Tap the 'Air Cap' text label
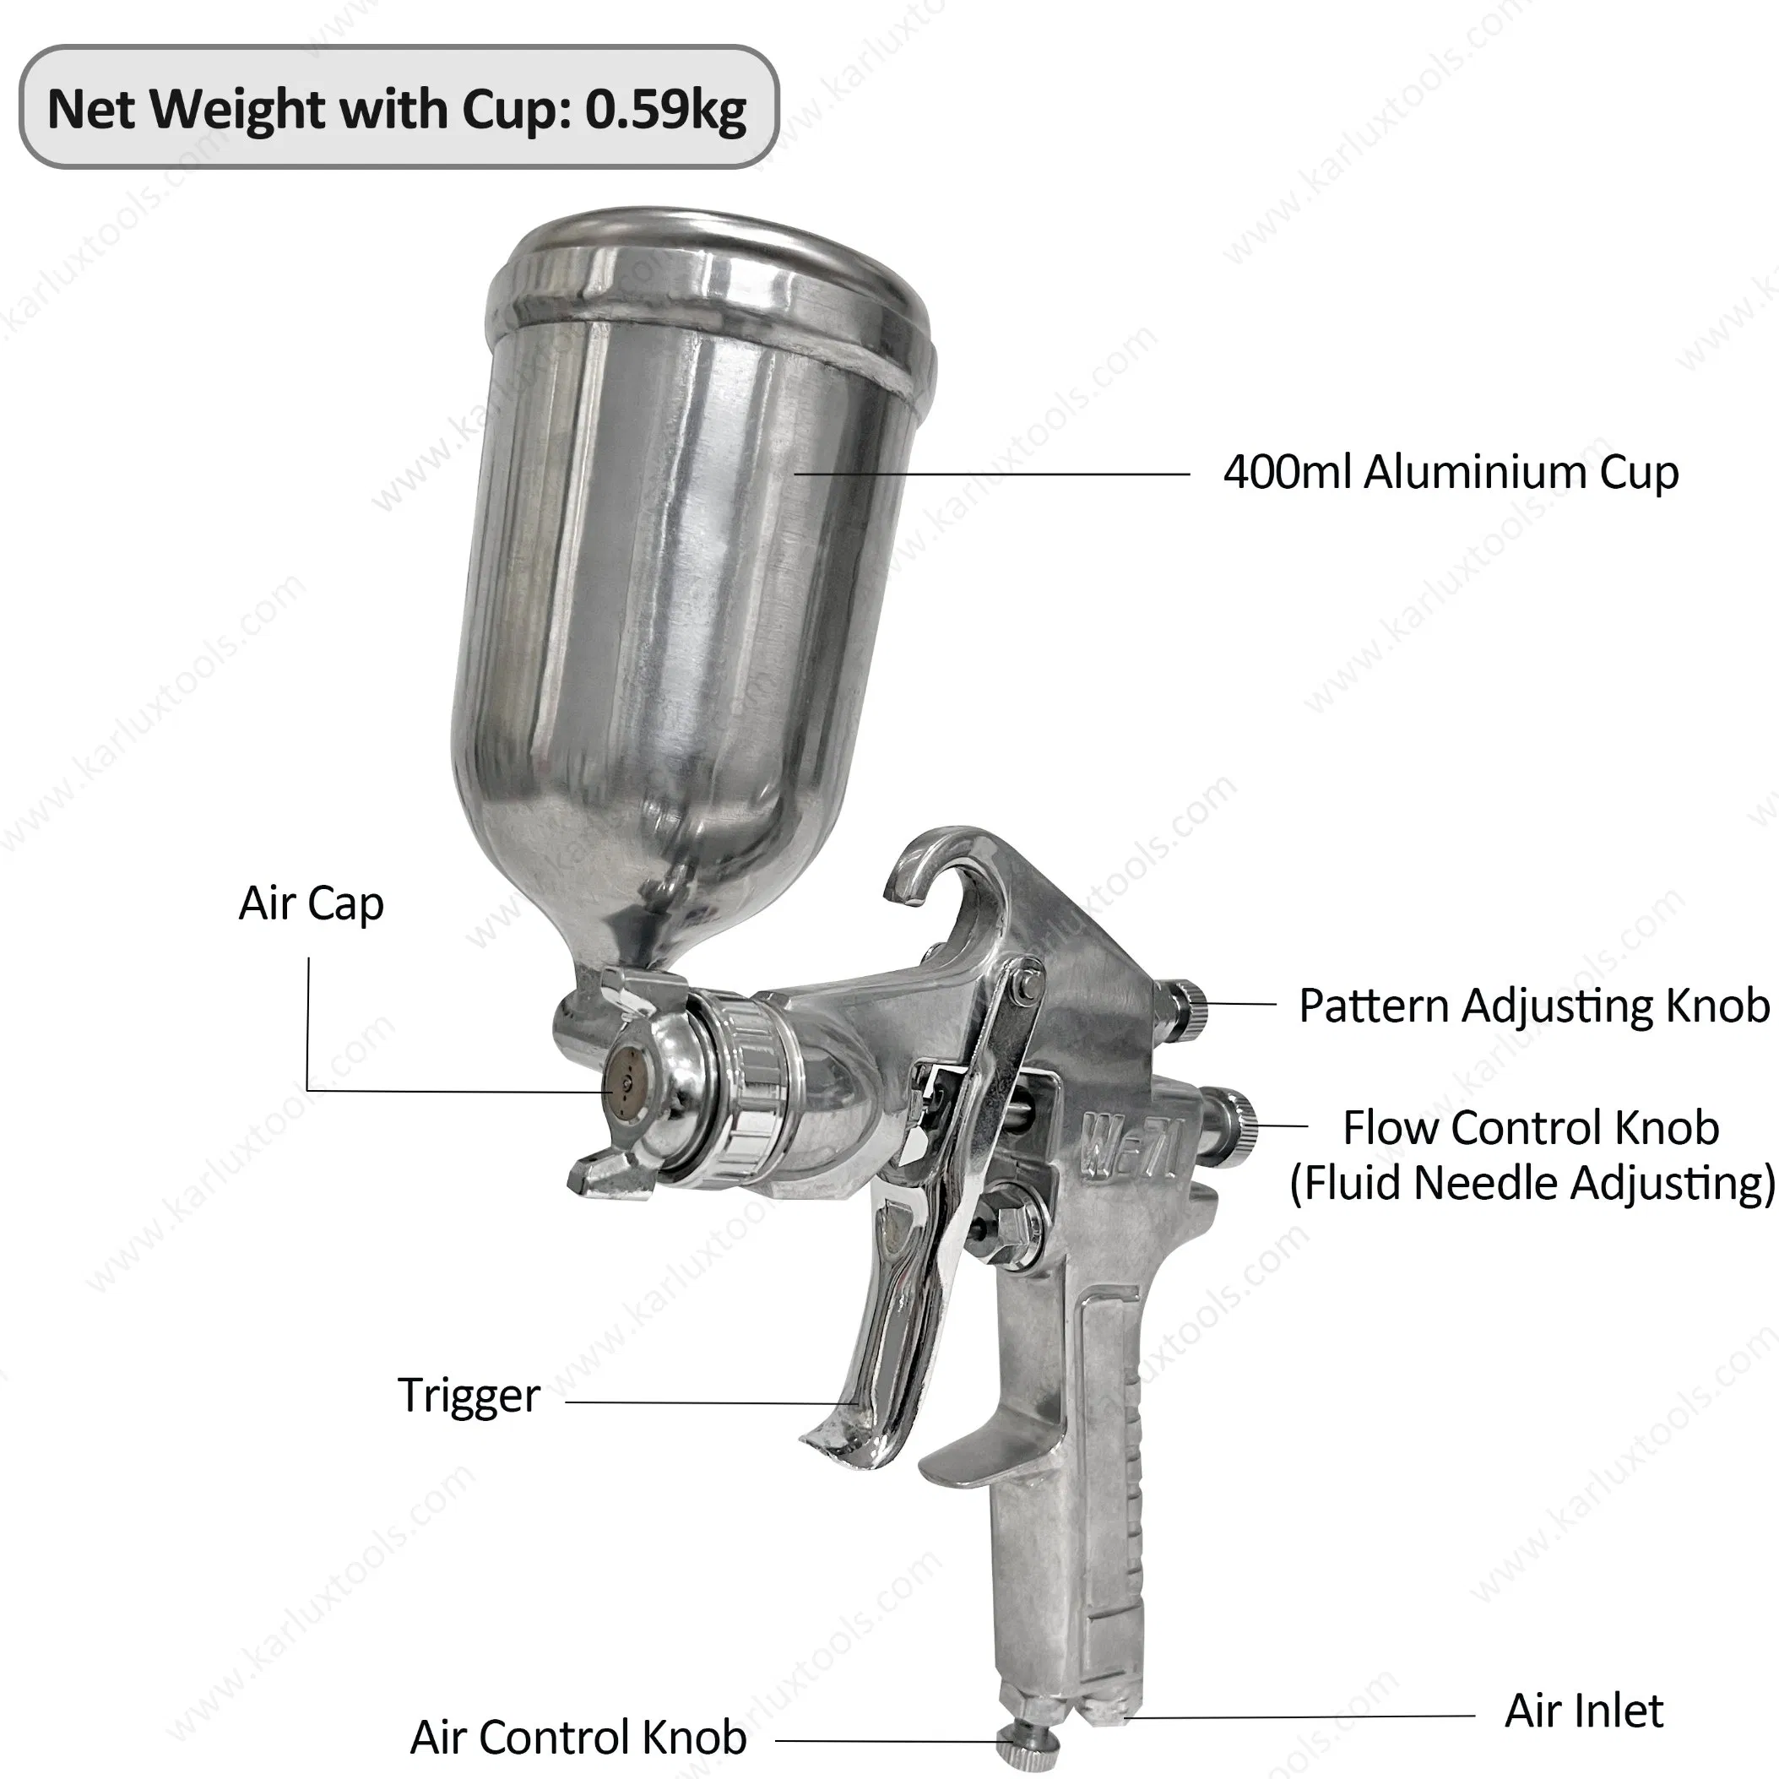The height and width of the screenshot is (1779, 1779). click(312, 903)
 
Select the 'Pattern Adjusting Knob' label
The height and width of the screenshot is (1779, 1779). click(1533, 1006)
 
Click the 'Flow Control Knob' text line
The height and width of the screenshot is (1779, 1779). click(1531, 1127)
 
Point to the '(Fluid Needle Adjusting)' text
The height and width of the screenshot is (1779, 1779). click(1532, 1183)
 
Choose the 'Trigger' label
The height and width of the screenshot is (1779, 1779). click(469, 1395)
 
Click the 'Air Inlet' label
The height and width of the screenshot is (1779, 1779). click(1584, 1711)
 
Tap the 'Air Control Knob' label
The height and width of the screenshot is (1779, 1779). click(578, 1738)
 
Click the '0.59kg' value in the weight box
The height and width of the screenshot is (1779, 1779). click(665, 110)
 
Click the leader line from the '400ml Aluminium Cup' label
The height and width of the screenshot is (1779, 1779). click(995, 475)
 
